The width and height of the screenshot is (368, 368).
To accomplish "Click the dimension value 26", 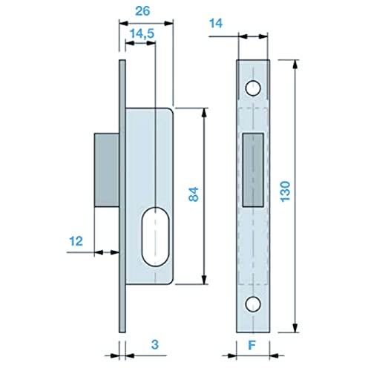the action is click(x=142, y=11).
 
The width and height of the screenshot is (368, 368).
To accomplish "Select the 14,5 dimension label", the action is click(x=142, y=33).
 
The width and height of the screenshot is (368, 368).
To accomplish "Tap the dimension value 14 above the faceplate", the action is click(x=216, y=24).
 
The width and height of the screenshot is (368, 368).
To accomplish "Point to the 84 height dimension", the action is click(x=194, y=194).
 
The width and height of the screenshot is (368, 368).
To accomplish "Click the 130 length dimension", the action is click(x=285, y=191).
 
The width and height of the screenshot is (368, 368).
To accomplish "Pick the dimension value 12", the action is click(x=76, y=241).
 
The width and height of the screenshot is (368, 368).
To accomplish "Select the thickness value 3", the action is click(x=155, y=344).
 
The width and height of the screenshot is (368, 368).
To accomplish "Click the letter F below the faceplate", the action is click(x=252, y=345).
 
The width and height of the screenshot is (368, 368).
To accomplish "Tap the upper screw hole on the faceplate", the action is click(x=253, y=88).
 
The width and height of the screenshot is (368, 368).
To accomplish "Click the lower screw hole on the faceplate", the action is click(x=253, y=304).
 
